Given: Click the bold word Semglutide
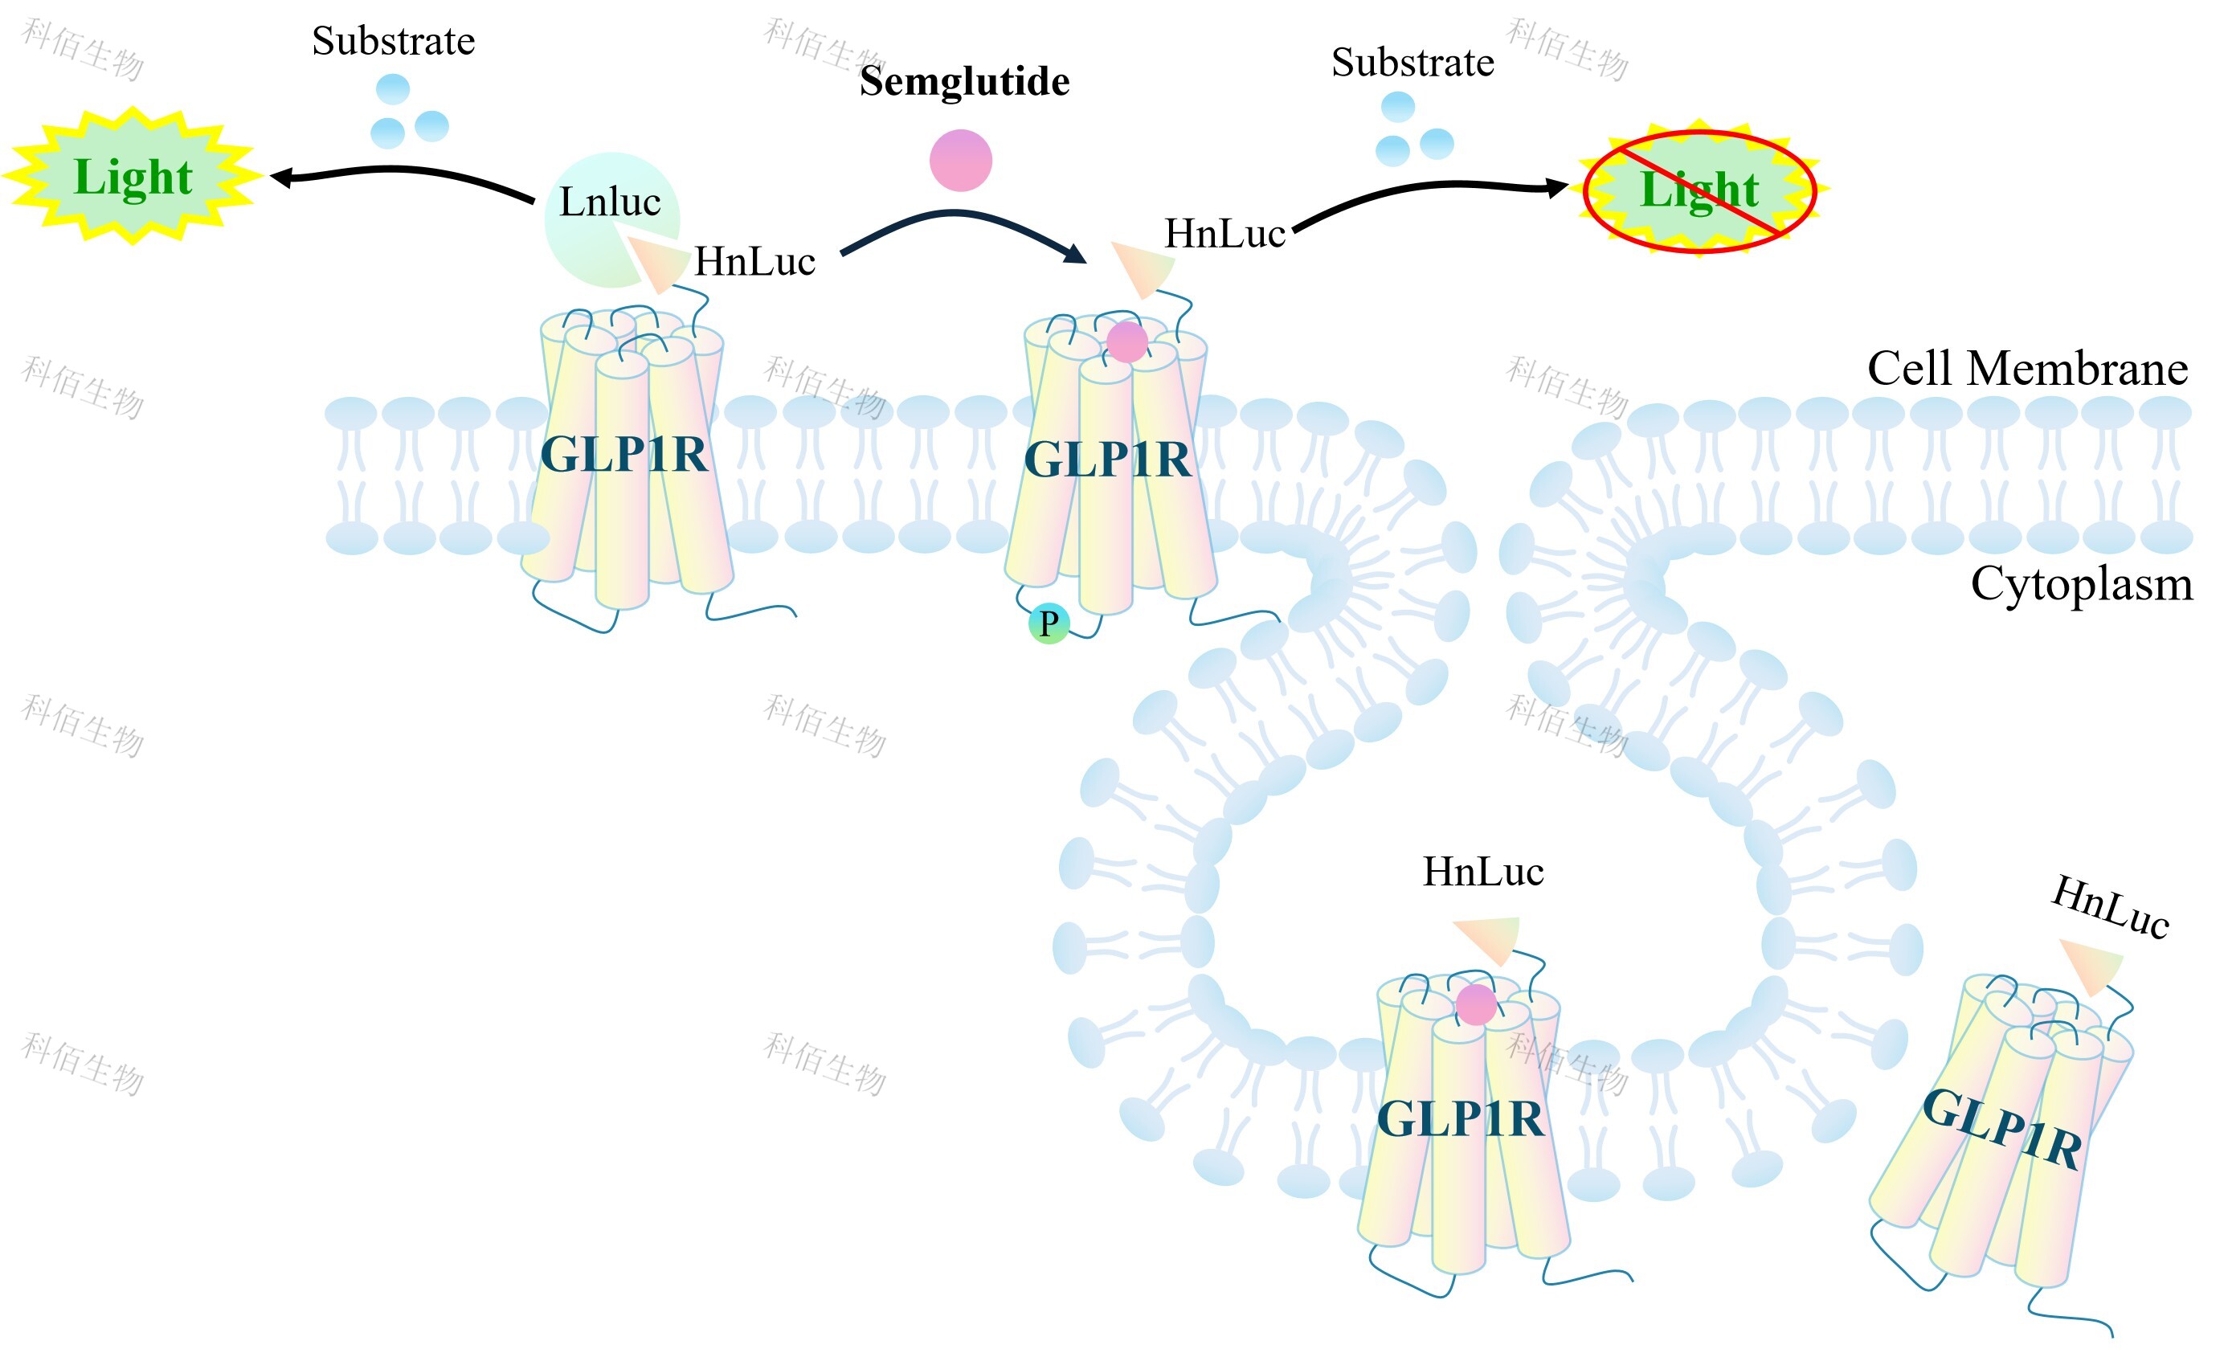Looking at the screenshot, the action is [965, 82].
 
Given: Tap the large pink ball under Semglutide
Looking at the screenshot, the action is [961, 160].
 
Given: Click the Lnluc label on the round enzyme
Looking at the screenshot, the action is [611, 202].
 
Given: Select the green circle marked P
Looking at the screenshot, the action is [1049, 623].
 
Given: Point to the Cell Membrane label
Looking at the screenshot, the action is [2028, 369].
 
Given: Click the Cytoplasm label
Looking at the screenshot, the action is [2083, 584].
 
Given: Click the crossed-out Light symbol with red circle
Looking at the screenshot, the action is [1700, 189].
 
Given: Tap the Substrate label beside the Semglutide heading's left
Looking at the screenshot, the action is [394, 42].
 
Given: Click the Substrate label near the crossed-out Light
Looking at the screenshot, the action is [1412, 63].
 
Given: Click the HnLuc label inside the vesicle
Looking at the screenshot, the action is [1483, 872].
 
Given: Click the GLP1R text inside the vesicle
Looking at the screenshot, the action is [1461, 1120].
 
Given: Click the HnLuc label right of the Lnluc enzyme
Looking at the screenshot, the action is [755, 262].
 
